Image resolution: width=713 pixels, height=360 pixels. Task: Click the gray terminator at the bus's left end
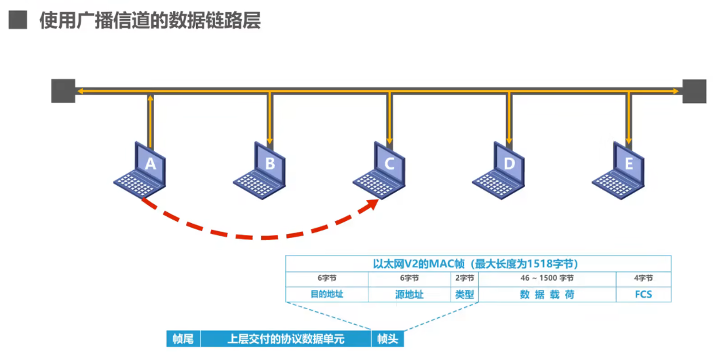point(63,91)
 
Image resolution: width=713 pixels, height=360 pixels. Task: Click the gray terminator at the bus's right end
point(694,91)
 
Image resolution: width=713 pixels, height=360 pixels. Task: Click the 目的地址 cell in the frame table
point(326,294)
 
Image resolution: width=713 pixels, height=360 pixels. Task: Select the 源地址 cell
point(410,294)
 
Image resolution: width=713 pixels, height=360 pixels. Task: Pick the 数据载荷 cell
point(547,294)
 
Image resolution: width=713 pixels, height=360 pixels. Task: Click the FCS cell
point(643,294)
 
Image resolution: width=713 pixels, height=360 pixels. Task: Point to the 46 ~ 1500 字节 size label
point(547,278)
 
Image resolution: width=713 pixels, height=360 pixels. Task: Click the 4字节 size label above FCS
point(643,278)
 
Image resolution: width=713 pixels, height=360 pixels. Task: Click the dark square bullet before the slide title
point(18,21)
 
